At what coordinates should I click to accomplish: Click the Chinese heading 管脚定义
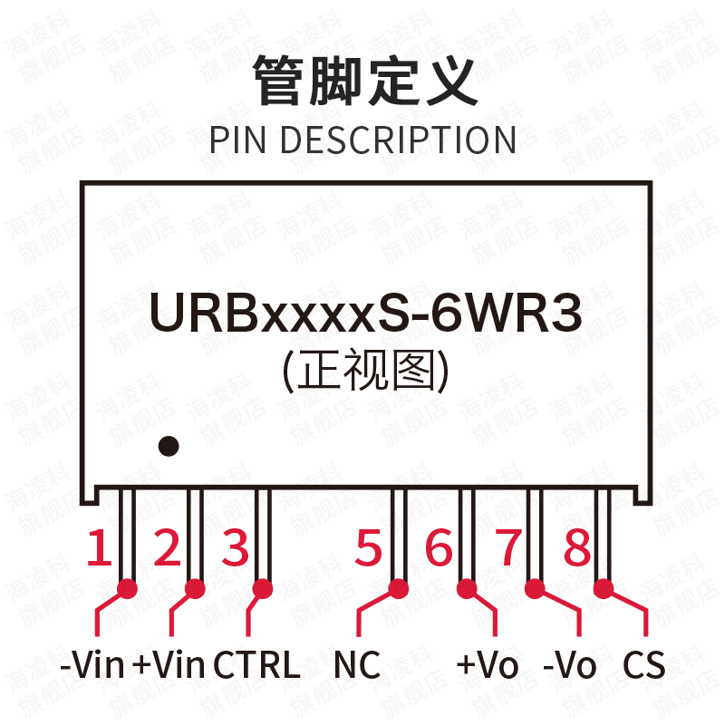pos(362,82)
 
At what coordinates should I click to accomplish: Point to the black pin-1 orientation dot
pos(168,446)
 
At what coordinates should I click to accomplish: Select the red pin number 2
pos(168,548)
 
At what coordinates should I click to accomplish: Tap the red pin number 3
pos(236,548)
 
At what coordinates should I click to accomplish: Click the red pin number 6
pos(439,548)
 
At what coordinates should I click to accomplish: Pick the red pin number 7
pos(507,548)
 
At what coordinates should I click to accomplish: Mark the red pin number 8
pos(576,548)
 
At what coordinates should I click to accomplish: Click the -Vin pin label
pos(92,666)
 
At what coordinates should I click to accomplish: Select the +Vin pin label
pos(169,666)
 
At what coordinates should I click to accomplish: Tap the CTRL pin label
pos(256,666)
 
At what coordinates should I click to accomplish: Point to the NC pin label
pos(357,666)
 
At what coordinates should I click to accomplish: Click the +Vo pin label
pos(487,666)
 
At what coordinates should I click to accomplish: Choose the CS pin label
pos(643,666)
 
